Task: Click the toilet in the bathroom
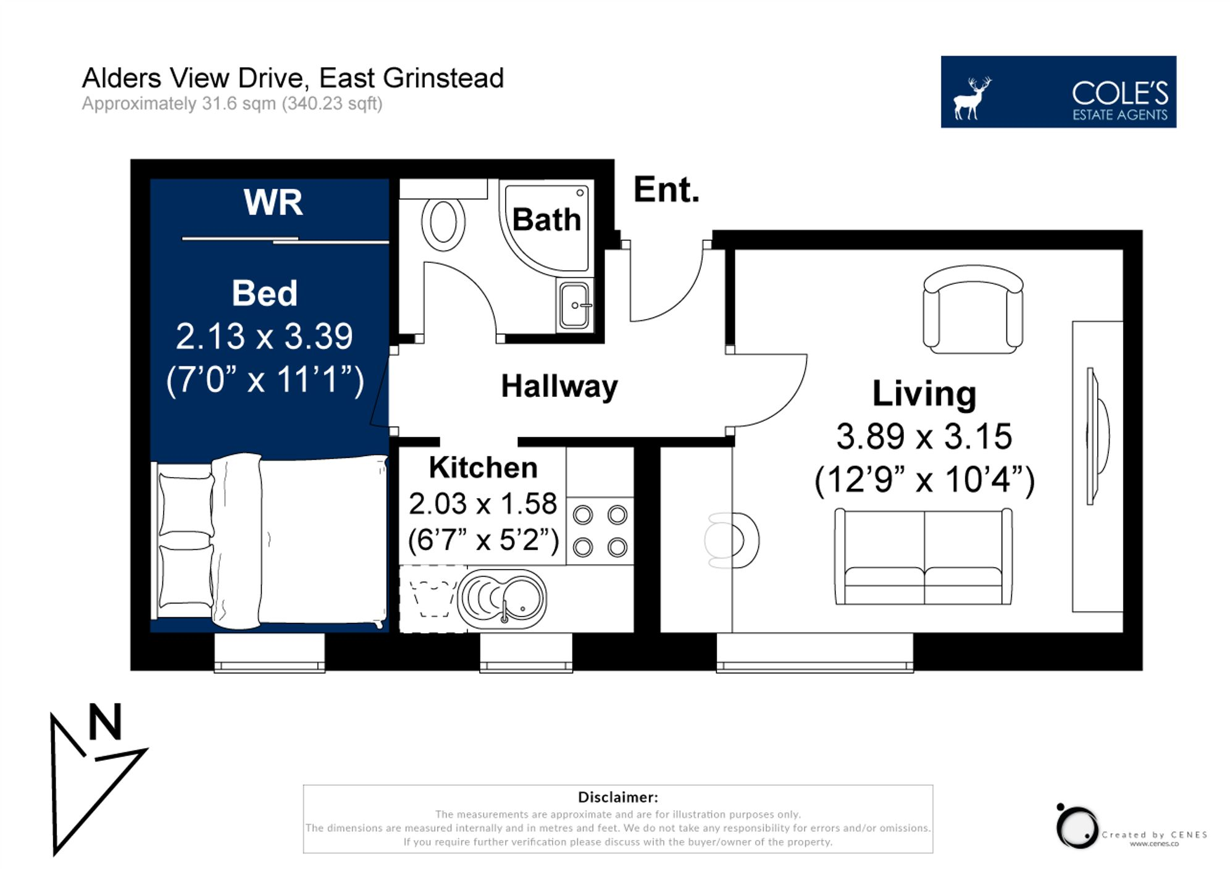pos(443,223)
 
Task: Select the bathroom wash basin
pos(574,305)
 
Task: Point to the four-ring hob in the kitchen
pos(600,531)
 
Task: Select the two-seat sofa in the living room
pos(923,557)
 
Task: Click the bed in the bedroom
pos(269,541)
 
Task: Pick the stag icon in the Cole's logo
pos(972,98)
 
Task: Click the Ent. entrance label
pos(666,189)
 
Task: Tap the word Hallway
pos(559,387)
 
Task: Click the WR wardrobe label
pos(273,202)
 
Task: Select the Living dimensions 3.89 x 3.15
pos(924,436)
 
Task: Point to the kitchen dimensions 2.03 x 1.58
pos(482,504)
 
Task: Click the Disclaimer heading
pos(617,797)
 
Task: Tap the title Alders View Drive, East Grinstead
pos(293,78)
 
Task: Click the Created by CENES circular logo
pos(1077,827)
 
